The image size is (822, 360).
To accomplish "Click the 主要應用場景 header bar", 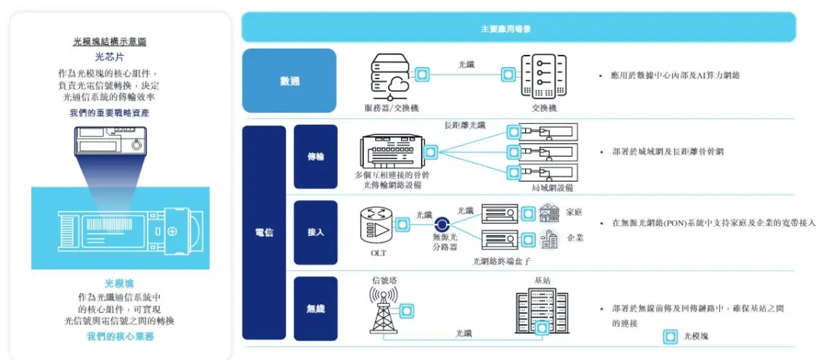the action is (518, 27).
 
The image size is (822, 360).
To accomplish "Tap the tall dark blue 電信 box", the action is (263, 233).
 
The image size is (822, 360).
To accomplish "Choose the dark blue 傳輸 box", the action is (315, 157).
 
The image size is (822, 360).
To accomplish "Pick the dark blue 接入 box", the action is (315, 232).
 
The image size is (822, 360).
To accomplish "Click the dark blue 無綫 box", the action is (315, 309).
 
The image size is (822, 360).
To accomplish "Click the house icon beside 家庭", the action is (550, 213).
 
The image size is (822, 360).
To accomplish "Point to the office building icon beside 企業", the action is (550, 239).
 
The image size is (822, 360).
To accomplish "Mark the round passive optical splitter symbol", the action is (441, 225).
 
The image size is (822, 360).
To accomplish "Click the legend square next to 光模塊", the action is (670, 336).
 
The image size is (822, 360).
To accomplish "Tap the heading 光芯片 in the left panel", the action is (109, 57).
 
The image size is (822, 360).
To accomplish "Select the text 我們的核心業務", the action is (120, 336).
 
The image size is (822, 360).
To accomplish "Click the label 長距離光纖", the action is (465, 126).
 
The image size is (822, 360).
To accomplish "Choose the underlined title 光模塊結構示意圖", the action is (110, 42).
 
